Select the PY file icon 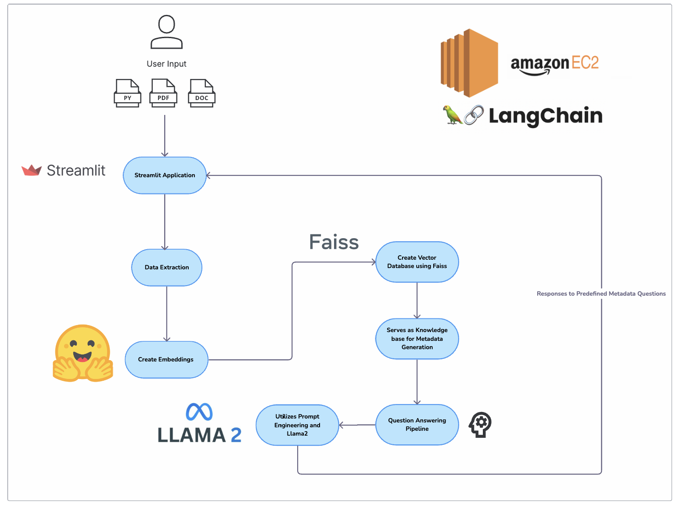coord(127,93)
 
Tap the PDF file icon coord(163,93)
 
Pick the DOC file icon coord(201,93)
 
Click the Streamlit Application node coord(165,175)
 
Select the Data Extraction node coord(167,267)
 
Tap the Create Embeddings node coord(166,359)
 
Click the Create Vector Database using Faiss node coord(417,262)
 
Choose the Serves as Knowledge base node coord(417,339)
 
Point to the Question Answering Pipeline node coord(417,424)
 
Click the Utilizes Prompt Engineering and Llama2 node coord(297,425)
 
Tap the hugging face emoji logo coord(83,353)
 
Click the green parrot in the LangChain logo coord(452,115)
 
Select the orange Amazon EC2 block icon coord(469,63)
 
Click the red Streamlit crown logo coord(32,170)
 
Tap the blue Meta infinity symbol coord(199,412)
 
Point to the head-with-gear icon coord(480,424)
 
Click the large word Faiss coord(334,242)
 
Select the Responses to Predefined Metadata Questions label coord(601,293)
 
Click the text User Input coord(166,64)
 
